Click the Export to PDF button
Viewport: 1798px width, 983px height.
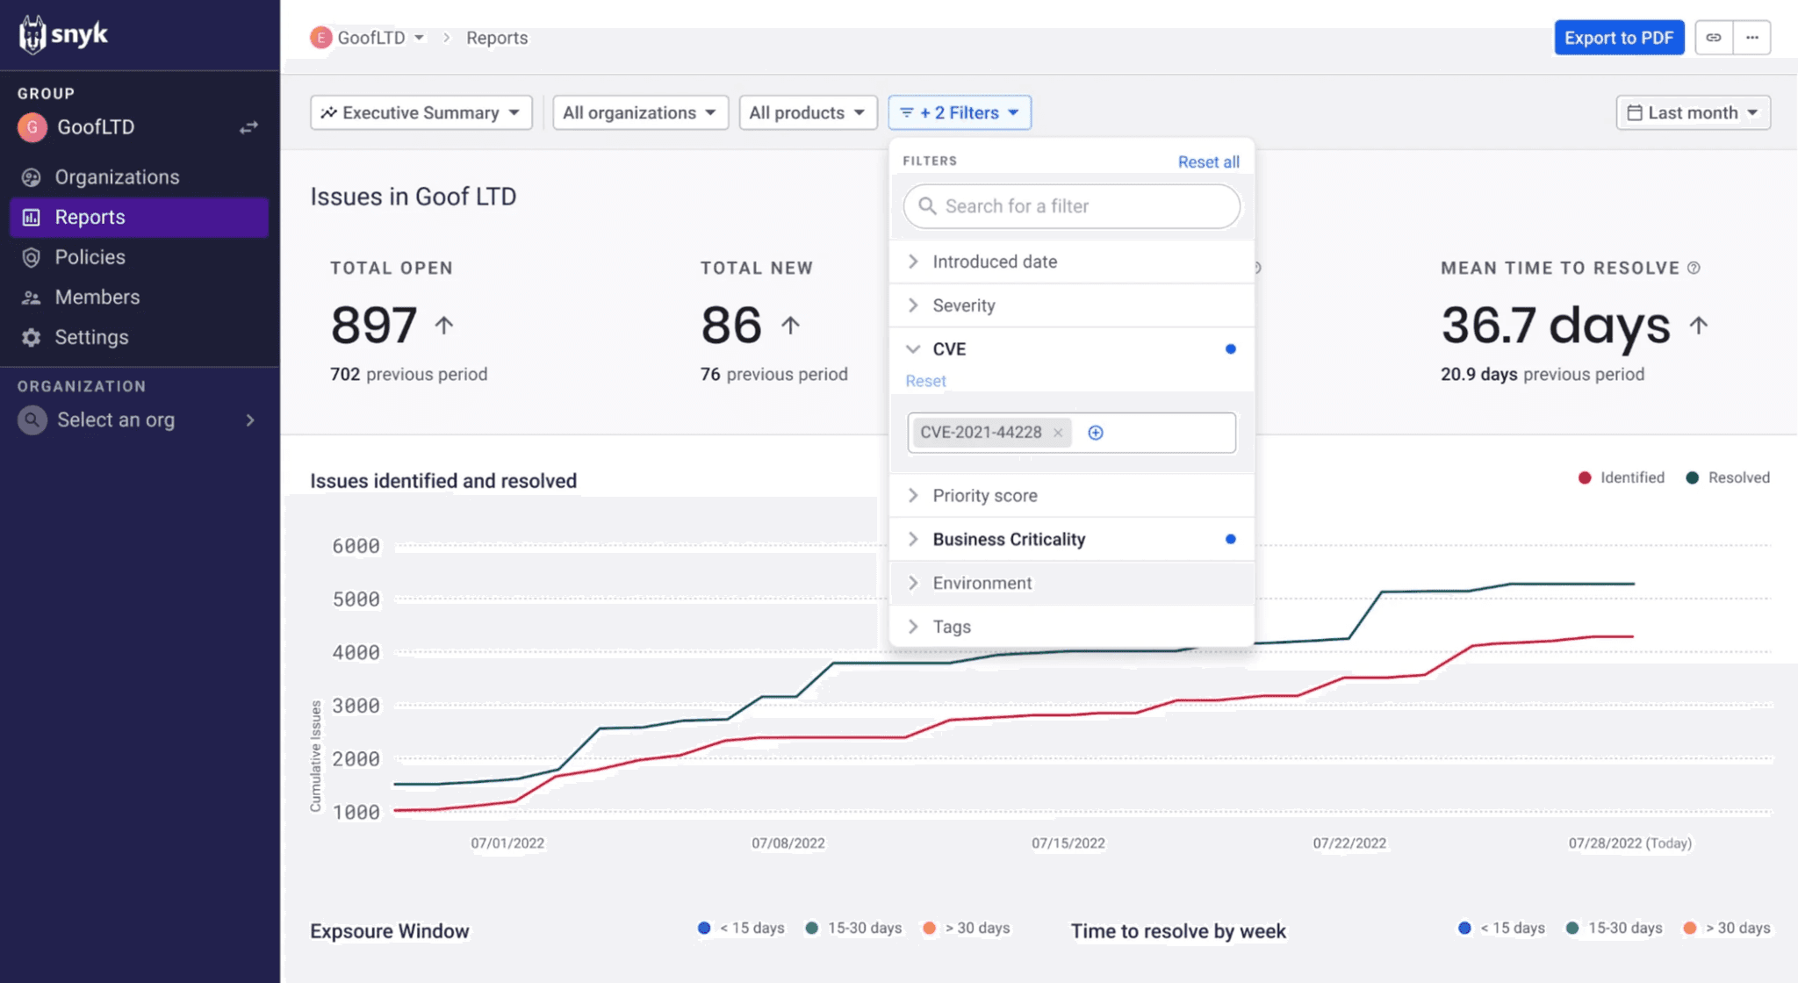pyautogui.click(x=1618, y=38)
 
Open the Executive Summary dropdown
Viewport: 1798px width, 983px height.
pyautogui.click(x=421, y=112)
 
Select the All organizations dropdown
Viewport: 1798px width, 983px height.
pyautogui.click(x=639, y=112)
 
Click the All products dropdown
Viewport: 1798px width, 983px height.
pyautogui.click(x=807, y=112)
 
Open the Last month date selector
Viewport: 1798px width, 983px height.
pyautogui.click(x=1692, y=112)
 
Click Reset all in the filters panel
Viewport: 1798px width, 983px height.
pyautogui.click(x=1208, y=161)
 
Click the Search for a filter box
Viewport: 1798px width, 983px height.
pyautogui.click(x=1071, y=206)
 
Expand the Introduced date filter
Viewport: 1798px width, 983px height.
pyautogui.click(x=994, y=262)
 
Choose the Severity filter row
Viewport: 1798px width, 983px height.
pyautogui.click(x=963, y=305)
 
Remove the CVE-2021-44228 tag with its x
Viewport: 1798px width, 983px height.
pyautogui.click(x=1058, y=433)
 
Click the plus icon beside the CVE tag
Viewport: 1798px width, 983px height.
pyautogui.click(x=1096, y=433)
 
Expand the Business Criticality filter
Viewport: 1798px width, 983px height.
pyautogui.click(x=1008, y=539)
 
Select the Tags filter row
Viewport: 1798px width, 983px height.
pyautogui.click(x=951, y=627)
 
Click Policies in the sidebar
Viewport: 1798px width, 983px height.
pyautogui.click(x=90, y=257)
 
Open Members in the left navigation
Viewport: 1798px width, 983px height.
pyautogui.click(x=97, y=297)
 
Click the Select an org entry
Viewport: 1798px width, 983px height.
pyautogui.click(x=116, y=420)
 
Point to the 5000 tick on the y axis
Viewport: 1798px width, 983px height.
pyautogui.click(x=356, y=599)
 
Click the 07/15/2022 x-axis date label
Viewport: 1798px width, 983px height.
pyautogui.click(x=1068, y=843)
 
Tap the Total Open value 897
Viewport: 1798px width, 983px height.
pyautogui.click(x=374, y=326)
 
